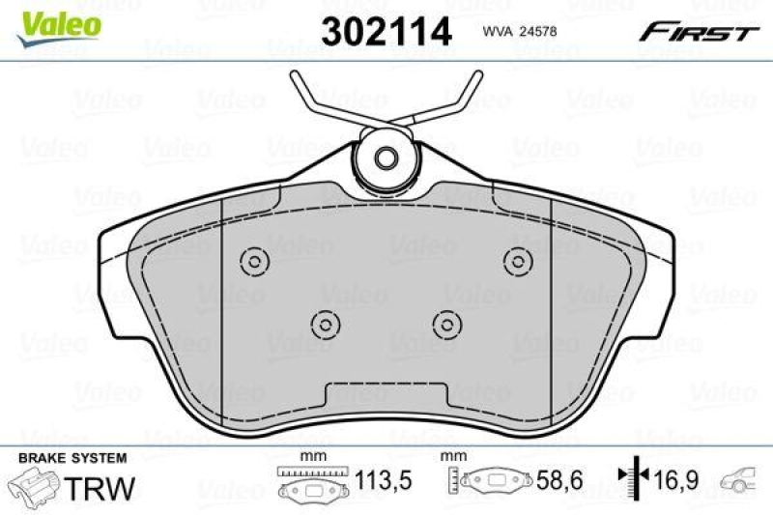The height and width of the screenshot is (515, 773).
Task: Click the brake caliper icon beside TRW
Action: point(34,484)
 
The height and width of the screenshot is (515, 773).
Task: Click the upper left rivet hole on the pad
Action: point(255,260)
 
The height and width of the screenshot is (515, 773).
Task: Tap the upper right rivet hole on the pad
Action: point(518,260)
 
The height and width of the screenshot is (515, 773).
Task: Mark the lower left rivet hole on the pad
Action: point(325,323)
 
